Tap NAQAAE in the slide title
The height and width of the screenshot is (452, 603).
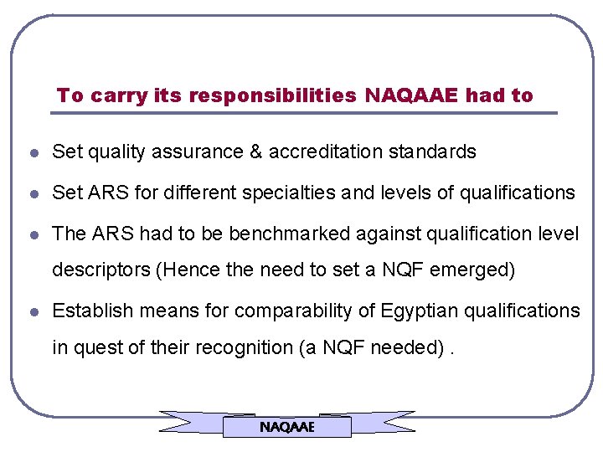[x=411, y=95]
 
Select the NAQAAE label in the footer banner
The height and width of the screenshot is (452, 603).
[x=286, y=427]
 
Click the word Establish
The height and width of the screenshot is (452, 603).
[x=92, y=311]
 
